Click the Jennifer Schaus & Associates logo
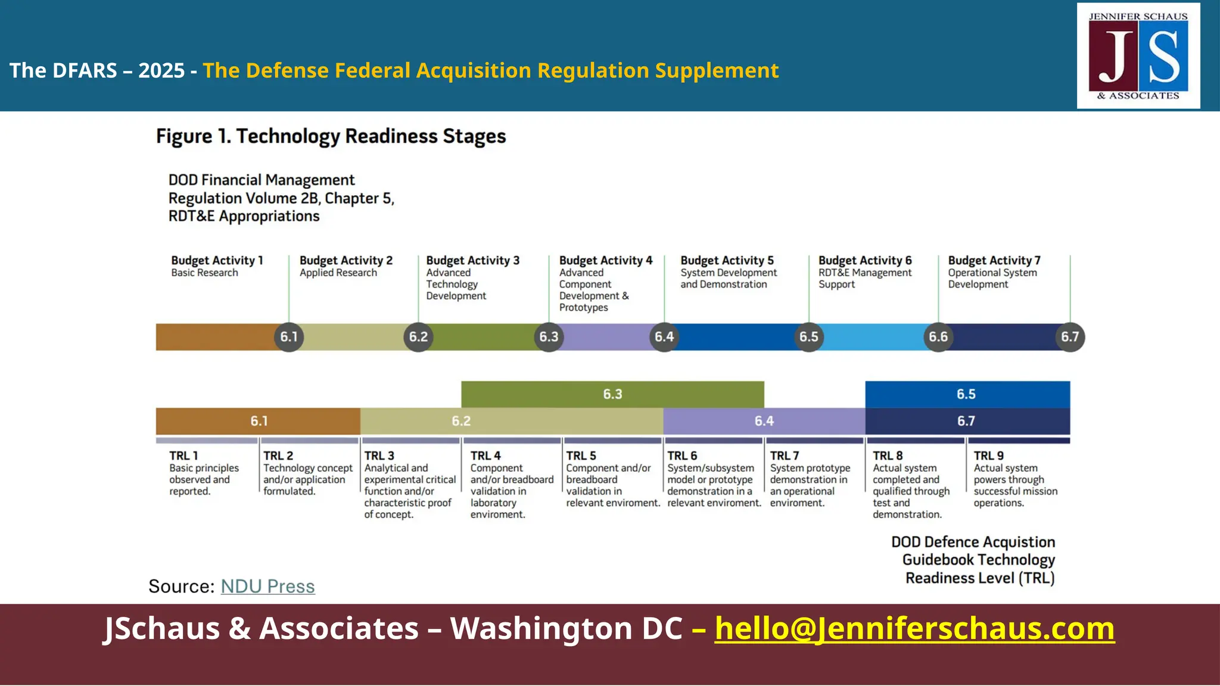tap(1138, 56)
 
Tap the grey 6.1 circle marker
tap(289, 337)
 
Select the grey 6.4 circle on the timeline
tap(664, 337)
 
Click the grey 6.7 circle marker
tap(1070, 337)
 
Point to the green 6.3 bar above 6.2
tap(612, 394)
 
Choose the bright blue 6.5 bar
tap(967, 394)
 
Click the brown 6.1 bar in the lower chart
tap(259, 421)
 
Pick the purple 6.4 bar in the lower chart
tap(764, 421)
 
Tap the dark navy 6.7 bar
tap(967, 421)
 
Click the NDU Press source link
tap(267, 587)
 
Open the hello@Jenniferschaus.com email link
tap(914, 629)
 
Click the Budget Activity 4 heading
tap(606, 260)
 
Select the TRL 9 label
tap(989, 456)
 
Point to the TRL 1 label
tap(183, 456)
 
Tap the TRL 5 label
tap(581, 456)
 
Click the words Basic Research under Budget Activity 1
tap(204, 273)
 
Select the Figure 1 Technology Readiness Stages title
tap(331, 136)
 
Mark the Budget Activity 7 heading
tap(994, 260)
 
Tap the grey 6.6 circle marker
tap(938, 337)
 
